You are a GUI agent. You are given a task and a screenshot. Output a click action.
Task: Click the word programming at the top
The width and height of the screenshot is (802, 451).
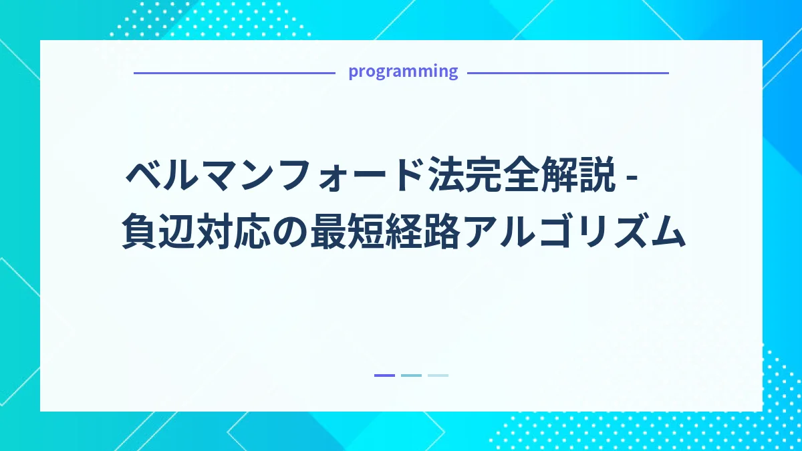click(x=403, y=71)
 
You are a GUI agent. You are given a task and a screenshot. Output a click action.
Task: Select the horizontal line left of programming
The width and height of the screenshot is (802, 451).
click(x=234, y=73)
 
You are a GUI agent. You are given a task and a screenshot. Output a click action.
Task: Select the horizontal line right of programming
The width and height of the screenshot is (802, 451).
click(x=567, y=73)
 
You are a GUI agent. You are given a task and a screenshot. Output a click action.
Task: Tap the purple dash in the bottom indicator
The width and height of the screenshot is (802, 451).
click(x=384, y=375)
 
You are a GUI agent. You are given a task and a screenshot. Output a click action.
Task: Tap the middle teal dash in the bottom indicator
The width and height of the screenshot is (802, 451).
click(x=411, y=375)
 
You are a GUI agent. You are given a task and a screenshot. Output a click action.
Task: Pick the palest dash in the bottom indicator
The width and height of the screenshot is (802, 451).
click(x=438, y=375)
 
